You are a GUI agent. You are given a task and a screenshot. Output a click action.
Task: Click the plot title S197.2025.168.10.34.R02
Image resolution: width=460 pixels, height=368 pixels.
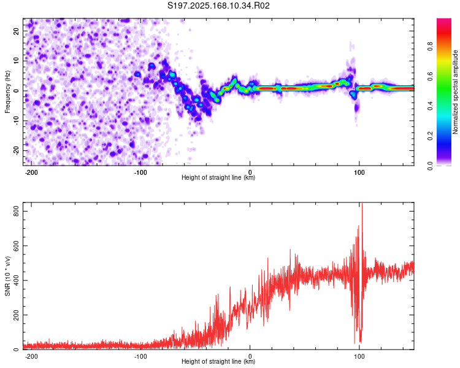tap(218, 6)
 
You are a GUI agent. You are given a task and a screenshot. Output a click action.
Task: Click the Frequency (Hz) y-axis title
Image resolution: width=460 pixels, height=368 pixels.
tap(7, 92)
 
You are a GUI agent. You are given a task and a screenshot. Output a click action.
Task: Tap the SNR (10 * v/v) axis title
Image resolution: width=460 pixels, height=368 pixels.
tap(7, 276)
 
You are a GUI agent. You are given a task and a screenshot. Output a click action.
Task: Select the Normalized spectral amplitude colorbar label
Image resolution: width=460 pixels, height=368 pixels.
tap(455, 92)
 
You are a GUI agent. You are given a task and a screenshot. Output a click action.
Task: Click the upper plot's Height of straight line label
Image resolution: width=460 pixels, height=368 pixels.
tap(218, 177)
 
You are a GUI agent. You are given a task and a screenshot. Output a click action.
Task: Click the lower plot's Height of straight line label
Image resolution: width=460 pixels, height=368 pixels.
tap(218, 361)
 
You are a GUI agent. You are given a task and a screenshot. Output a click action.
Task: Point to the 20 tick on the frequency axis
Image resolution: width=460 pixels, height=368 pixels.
tap(17, 31)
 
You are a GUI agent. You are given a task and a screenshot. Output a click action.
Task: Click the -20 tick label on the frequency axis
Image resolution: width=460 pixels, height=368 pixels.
tap(17, 151)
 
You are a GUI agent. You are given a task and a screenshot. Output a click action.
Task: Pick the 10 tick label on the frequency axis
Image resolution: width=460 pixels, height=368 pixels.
tap(17, 61)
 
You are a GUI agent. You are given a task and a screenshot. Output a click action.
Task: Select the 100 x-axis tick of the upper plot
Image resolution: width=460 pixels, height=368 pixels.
tap(359, 172)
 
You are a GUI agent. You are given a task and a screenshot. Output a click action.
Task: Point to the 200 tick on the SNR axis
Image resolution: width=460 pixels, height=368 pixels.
tap(17, 315)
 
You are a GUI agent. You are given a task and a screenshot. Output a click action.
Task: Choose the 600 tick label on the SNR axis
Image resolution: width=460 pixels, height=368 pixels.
tap(17, 246)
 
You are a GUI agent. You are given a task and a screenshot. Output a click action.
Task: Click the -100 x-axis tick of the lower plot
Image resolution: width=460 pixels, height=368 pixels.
tap(140, 356)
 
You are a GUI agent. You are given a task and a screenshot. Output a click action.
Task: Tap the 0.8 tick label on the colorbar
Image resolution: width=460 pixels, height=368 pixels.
tap(430, 47)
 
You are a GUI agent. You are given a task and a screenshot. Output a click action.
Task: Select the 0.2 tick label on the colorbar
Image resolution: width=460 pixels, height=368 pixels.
tap(430, 136)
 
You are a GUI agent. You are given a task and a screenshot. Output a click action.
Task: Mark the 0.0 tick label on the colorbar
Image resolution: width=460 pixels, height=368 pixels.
tap(430, 166)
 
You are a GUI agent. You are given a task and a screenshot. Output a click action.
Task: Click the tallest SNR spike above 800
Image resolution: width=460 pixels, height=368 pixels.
tap(362, 204)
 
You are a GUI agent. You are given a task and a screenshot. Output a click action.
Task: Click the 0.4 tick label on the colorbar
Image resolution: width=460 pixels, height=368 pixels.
tap(430, 106)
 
